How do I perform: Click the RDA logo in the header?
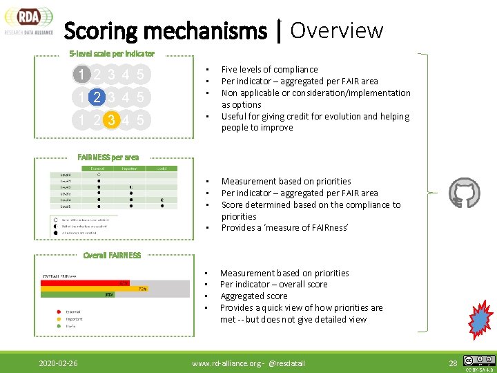(28, 19)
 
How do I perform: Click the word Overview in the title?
(336, 30)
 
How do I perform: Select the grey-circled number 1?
(82, 75)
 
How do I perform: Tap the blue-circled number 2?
(98, 97)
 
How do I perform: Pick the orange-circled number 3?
(111, 121)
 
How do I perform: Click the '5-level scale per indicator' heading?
(112, 53)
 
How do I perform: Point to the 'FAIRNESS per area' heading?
(108, 157)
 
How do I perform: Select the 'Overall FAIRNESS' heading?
(112, 256)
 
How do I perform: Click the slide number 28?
(453, 363)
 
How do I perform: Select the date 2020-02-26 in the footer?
(59, 363)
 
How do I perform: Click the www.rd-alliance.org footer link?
(225, 363)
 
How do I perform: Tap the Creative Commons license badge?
(479, 360)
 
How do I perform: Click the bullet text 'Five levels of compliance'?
(269, 70)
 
